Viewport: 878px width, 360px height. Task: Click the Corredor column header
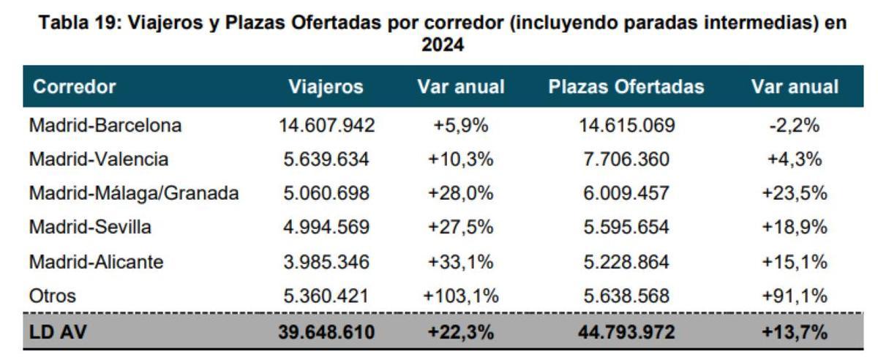(75, 87)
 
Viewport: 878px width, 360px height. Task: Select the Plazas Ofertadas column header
(626, 87)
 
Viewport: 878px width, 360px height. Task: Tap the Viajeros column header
(326, 87)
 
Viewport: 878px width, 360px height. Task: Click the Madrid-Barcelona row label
(105, 125)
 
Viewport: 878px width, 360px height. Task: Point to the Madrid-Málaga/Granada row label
(134, 193)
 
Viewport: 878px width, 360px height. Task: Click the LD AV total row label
(59, 332)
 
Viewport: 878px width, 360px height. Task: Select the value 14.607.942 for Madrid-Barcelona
(326, 125)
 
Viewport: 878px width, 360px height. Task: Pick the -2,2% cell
(795, 125)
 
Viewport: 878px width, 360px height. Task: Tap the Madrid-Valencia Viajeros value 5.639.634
(326, 159)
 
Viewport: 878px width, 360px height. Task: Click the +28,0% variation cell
(460, 193)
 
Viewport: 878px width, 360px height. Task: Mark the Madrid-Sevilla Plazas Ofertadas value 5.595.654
(626, 228)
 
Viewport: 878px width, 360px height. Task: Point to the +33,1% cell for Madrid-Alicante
(460, 261)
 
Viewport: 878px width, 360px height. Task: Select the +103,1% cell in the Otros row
(460, 296)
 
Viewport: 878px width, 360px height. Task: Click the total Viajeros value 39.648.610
(326, 332)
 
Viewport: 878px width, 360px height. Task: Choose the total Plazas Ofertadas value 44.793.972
(626, 332)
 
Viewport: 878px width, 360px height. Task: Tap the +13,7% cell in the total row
(795, 332)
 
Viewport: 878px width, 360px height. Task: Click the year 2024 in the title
(443, 45)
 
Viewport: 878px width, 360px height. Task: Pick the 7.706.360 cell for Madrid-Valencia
(626, 159)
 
